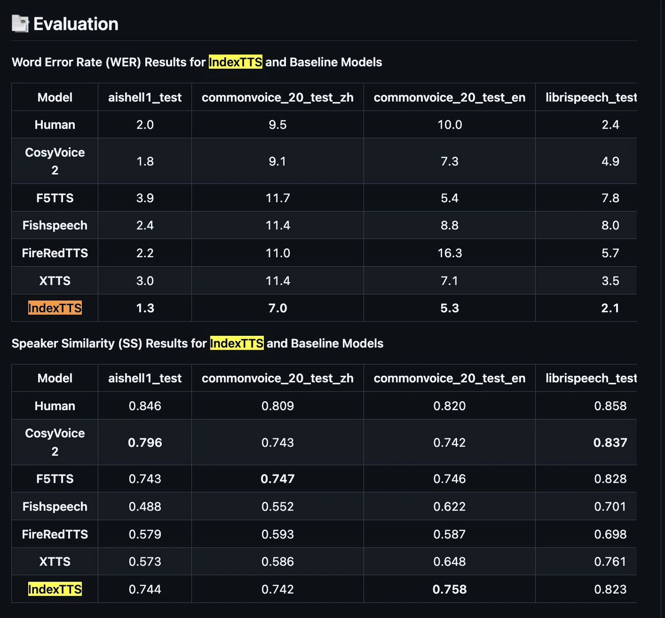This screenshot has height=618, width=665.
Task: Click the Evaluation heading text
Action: [76, 24]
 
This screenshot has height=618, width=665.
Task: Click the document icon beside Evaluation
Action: [20, 24]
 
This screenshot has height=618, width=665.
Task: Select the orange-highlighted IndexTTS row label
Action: [55, 308]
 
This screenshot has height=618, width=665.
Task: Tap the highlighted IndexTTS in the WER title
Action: [236, 62]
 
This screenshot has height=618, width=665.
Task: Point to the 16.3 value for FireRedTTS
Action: [449, 253]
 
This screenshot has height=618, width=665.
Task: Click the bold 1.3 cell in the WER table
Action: [145, 308]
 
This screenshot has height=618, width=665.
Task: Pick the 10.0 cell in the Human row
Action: [449, 125]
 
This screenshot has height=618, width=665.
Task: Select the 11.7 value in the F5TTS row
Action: [278, 198]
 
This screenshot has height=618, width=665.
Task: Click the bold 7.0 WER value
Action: [278, 308]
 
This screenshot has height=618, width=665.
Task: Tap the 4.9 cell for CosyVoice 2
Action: [610, 161]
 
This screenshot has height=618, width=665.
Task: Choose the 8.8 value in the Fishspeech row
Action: [449, 226]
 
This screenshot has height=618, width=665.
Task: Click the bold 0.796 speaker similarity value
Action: [145, 442]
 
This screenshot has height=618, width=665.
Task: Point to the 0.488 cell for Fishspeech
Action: [145, 507]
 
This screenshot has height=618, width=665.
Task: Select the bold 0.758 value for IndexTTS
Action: [449, 589]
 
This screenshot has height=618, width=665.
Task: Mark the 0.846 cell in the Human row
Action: [145, 406]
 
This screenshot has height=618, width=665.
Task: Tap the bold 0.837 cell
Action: [610, 442]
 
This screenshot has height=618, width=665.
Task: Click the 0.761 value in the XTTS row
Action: [610, 561]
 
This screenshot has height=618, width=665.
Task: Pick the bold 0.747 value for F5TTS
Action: [278, 479]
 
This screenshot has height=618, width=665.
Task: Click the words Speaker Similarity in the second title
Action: [63, 344]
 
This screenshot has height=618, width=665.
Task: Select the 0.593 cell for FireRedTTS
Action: [278, 534]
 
